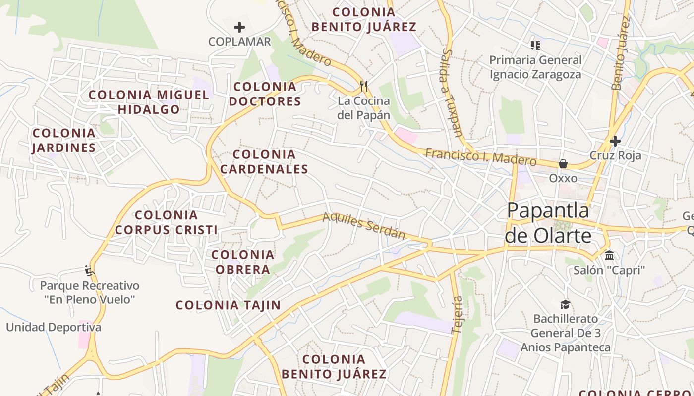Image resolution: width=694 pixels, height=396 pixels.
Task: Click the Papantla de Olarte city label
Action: tap(548, 223)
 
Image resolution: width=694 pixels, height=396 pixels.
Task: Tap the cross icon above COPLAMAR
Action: tap(239, 27)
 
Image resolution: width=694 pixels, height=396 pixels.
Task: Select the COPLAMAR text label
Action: tap(239, 42)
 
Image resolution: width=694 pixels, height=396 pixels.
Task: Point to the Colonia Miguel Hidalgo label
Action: tap(149, 102)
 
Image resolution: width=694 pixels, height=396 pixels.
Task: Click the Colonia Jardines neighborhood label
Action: tap(64, 140)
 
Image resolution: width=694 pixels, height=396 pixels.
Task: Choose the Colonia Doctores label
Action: tap(267, 94)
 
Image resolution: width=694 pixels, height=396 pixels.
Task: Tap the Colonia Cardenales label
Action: tap(264, 162)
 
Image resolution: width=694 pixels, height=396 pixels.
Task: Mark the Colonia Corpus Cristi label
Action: tap(166, 222)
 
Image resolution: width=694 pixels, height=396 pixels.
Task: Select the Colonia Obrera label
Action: tap(242, 262)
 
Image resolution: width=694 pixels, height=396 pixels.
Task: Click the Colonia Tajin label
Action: tap(229, 305)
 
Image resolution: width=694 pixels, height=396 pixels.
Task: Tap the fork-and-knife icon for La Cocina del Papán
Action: tap(364, 86)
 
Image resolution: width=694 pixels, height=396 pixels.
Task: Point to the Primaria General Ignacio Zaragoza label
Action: tap(535, 67)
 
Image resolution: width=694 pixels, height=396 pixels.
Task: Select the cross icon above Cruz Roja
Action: tap(615, 141)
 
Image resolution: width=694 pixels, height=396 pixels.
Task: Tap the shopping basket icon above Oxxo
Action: tap(563, 164)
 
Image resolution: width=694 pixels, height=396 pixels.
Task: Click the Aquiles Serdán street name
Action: tap(364, 226)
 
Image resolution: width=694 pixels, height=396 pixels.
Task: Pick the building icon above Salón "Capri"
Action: tap(609, 256)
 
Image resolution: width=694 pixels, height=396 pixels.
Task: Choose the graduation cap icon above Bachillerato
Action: tap(565, 304)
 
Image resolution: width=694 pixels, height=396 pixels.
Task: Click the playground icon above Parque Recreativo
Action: tap(90, 271)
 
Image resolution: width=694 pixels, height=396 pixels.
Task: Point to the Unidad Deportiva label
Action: tap(54, 327)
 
